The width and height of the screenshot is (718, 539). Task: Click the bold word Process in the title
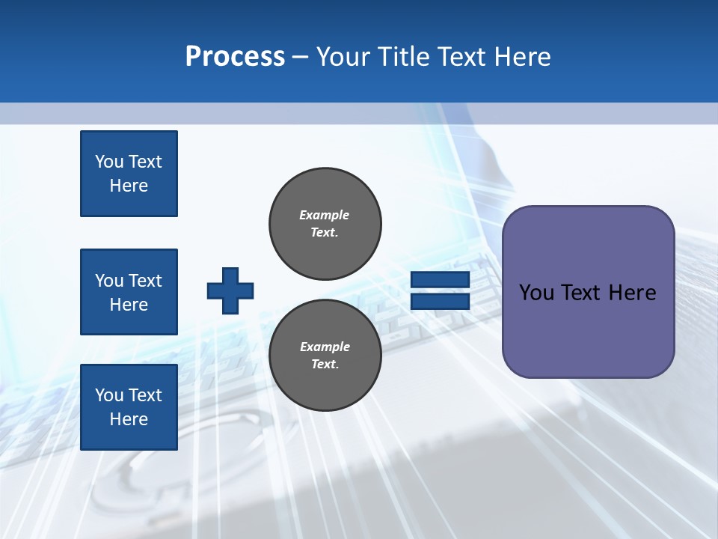point(235,57)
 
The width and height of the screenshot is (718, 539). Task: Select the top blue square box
point(129,174)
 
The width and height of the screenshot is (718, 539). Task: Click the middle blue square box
point(129,292)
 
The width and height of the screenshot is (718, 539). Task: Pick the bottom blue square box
point(129,407)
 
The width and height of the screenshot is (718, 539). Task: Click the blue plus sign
point(230,290)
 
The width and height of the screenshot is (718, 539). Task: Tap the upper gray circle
point(325,223)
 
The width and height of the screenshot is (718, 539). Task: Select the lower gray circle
point(325,355)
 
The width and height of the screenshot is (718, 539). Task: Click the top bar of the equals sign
point(440,280)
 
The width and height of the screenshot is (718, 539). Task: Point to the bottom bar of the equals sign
point(440,301)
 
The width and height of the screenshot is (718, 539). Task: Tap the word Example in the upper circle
point(324,215)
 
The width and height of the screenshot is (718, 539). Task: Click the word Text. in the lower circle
point(325,365)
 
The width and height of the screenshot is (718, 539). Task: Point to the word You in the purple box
point(536,293)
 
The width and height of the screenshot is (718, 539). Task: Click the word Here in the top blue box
point(129,186)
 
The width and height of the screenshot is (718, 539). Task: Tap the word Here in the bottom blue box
point(129,419)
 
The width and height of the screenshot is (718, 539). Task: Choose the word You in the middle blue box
point(109,281)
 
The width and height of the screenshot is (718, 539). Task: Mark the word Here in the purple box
point(632,293)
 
